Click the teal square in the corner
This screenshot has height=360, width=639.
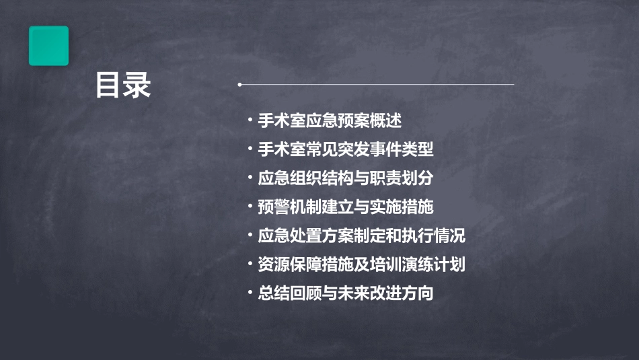click(48, 46)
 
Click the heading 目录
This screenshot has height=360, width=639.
click(123, 85)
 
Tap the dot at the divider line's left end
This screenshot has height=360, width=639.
click(239, 85)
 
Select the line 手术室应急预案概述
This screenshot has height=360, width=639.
click(330, 121)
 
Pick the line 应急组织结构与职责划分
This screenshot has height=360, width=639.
click(345, 179)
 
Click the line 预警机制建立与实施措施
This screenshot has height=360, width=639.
click(345, 207)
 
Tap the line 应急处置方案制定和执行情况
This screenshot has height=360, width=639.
click(361, 236)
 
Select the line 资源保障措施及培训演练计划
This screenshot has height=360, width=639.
click(361, 264)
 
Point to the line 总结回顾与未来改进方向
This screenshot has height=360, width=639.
click(345, 293)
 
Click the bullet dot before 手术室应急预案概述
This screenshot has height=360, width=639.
click(250, 121)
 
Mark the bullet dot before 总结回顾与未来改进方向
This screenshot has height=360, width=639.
click(250, 293)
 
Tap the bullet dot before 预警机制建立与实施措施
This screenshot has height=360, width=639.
click(250, 207)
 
